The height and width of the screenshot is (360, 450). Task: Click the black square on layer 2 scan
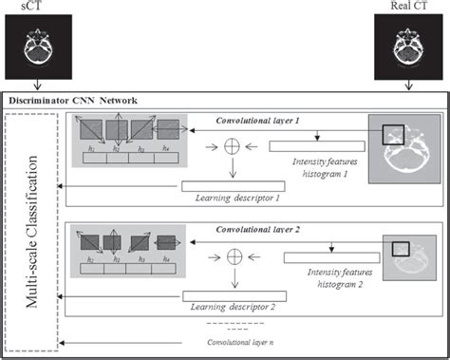[398, 249]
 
